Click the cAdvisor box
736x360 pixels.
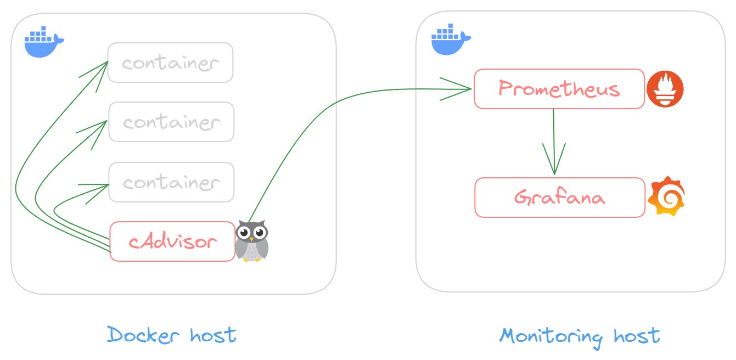point(172,241)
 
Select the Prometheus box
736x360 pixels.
point(559,89)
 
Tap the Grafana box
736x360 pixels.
point(560,198)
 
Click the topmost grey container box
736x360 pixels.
point(171,63)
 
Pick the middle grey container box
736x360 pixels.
point(172,122)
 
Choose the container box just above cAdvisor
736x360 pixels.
point(172,182)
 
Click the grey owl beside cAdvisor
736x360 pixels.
point(252,241)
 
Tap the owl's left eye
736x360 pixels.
point(244,233)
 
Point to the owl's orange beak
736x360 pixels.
point(252,239)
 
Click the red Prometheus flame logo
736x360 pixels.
point(665,89)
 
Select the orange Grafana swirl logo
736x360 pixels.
point(666,196)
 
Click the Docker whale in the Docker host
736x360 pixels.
point(44,42)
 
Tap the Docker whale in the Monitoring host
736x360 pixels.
point(451,39)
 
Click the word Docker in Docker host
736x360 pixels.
point(143,335)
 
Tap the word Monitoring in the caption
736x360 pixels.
point(551,337)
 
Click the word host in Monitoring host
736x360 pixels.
point(637,336)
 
